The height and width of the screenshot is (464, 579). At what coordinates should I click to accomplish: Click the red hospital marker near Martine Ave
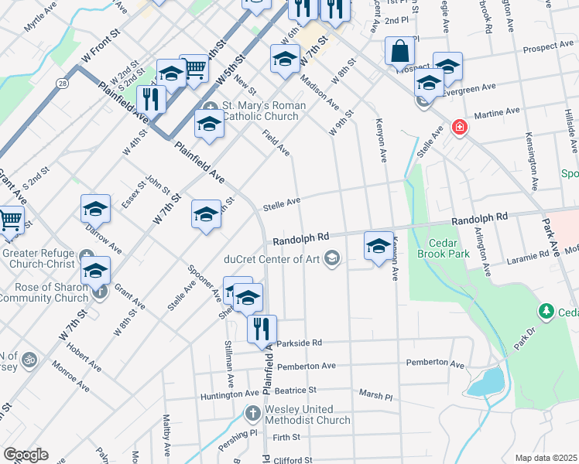[459, 127]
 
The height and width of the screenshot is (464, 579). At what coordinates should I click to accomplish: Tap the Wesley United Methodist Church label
[307, 415]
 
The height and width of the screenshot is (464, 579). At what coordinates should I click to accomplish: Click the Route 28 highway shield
[61, 82]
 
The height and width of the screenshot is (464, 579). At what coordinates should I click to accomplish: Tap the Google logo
[26, 455]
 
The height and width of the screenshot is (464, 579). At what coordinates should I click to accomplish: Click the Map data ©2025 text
[545, 458]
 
